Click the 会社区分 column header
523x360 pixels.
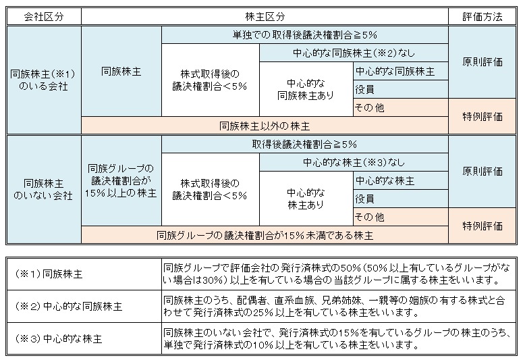tap(44, 17)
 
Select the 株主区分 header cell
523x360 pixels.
tap(265, 17)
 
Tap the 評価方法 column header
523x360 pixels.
tap(483, 17)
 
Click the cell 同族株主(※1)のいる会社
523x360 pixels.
tap(44, 80)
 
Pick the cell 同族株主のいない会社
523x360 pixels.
tap(44, 189)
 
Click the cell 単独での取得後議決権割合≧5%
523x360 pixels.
tap(305, 34)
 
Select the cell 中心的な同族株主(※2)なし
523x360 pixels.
tap(354, 53)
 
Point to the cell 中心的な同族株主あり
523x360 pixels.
tap(306, 89)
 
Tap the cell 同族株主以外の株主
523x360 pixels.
tap(265, 126)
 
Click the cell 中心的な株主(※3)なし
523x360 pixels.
tap(354, 162)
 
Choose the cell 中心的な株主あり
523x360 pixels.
tap(306, 199)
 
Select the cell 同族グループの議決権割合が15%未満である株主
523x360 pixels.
tap(265, 235)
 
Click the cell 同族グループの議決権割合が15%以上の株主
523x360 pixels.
tap(121, 180)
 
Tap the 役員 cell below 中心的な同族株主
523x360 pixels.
tap(401, 89)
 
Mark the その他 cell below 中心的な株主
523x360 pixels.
tap(401, 217)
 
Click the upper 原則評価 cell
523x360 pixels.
tap(483, 62)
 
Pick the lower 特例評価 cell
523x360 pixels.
tap(483, 226)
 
